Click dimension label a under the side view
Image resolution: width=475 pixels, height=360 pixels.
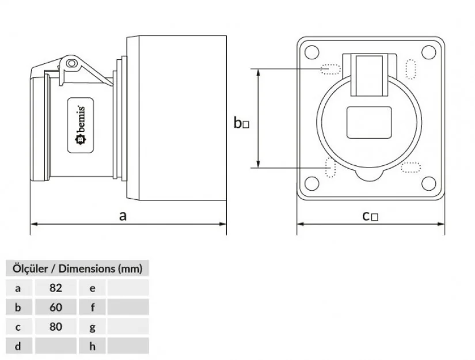[122, 216]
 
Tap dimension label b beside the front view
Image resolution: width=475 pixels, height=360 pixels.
[238, 123]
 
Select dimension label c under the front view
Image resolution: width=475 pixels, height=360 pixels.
[366, 216]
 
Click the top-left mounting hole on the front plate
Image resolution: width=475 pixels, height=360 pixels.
[311, 52]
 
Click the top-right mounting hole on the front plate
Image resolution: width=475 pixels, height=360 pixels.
[428, 52]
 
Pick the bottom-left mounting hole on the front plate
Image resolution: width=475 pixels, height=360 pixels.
[311, 184]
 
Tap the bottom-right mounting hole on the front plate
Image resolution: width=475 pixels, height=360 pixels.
[428, 184]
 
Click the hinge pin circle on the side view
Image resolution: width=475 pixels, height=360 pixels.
[72, 63]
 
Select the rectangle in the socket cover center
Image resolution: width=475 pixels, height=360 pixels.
[370, 123]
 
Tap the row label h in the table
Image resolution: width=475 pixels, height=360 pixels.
[93, 346]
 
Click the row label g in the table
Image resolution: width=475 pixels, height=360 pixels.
[93, 327]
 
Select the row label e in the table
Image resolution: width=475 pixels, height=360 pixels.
[93, 287]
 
